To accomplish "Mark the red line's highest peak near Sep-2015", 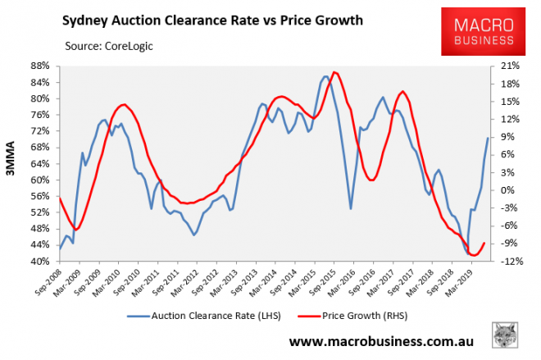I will [x=334, y=72].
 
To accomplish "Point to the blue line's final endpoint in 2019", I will [x=488, y=138].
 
